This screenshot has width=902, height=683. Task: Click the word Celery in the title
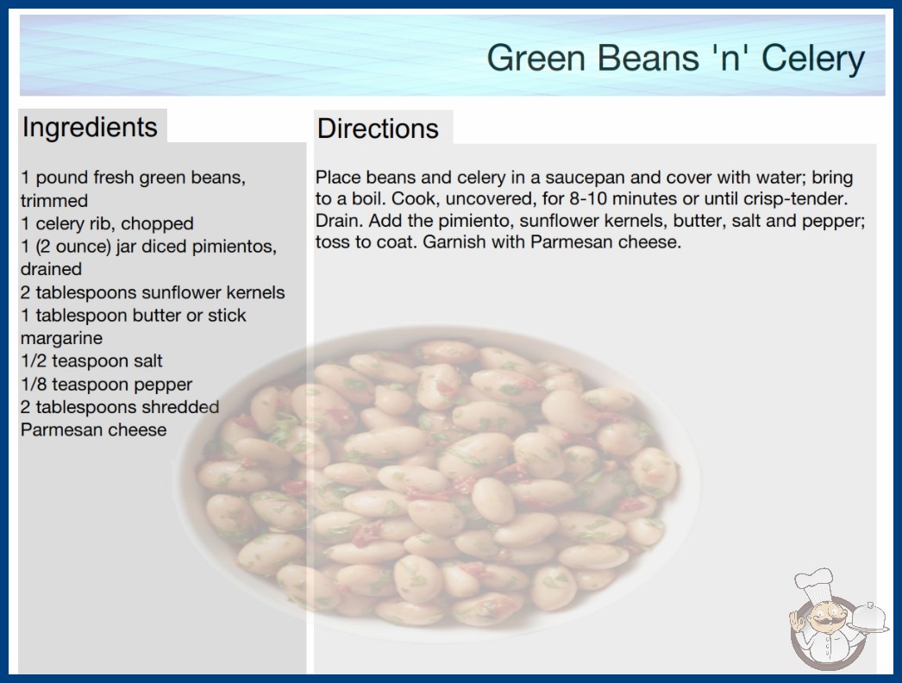tap(813, 59)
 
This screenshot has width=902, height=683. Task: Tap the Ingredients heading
tap(90, 127)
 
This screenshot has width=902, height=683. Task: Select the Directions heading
tap(378, 128)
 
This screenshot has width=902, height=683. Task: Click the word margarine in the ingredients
tap(61, 338)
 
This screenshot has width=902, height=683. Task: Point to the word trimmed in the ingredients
tap(54, 201)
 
